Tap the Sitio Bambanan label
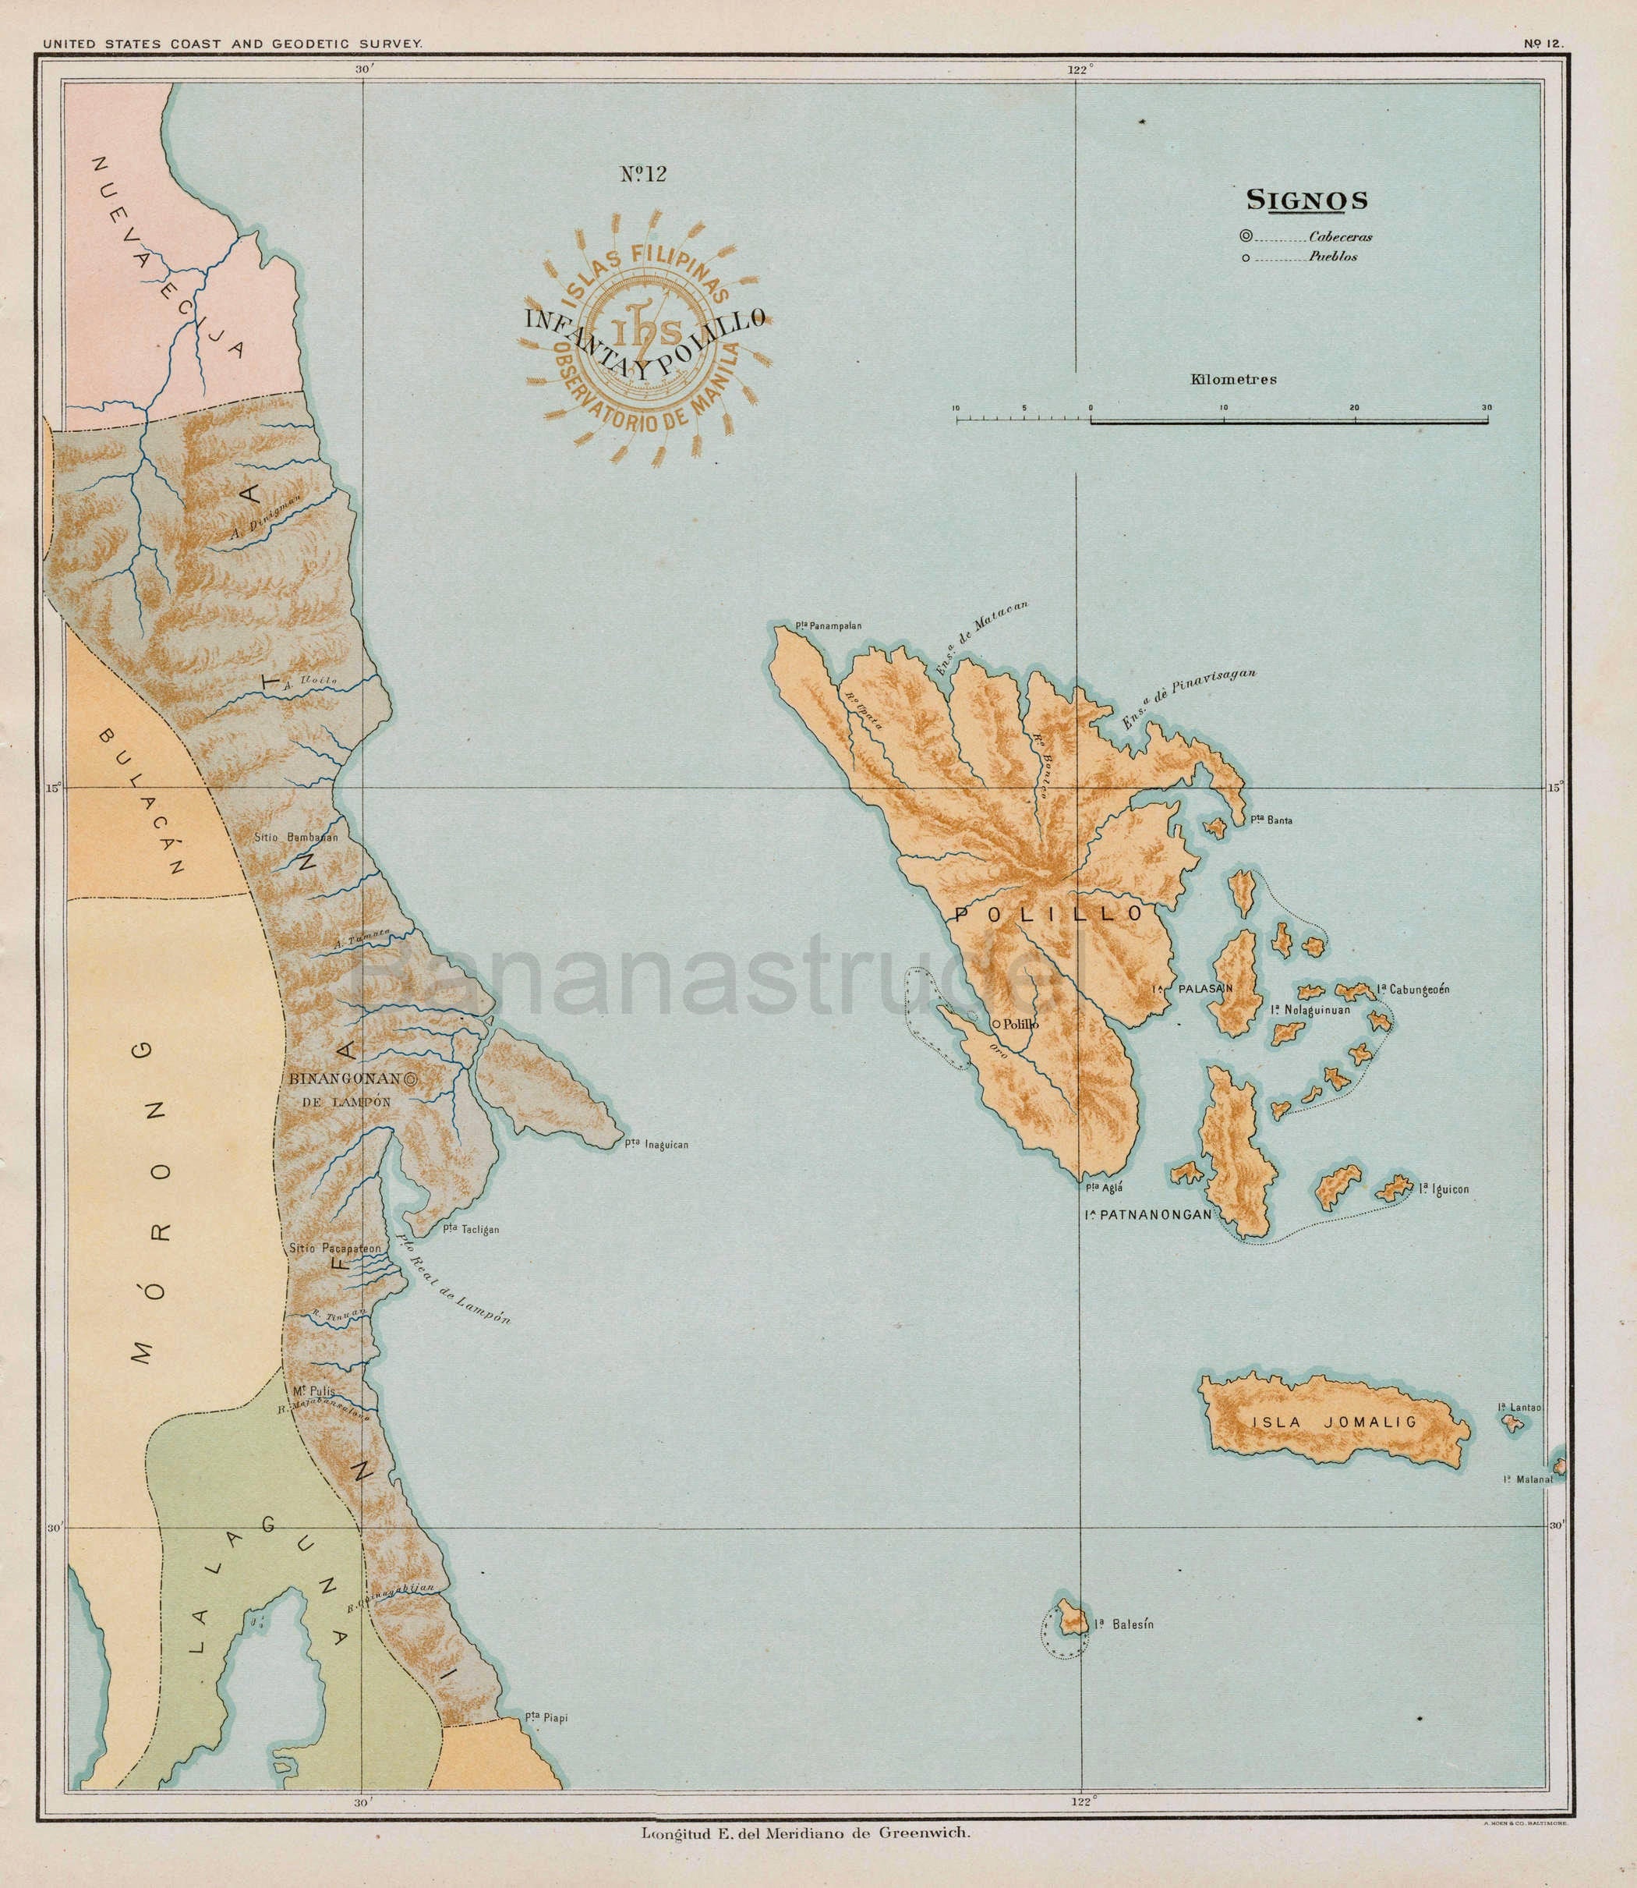point(299,836)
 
